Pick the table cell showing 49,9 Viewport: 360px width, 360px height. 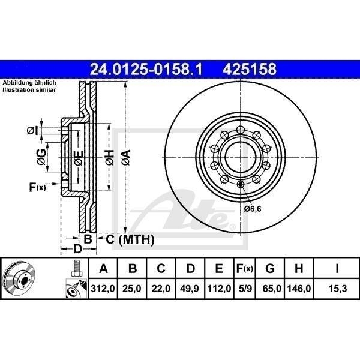[191, 289]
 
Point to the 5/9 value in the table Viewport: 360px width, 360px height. [244, 289]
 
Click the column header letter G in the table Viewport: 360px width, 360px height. [270, 268]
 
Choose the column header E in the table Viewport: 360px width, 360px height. [219, 268]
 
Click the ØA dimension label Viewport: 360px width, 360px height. [125, 158]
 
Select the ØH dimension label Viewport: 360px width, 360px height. [109, 158]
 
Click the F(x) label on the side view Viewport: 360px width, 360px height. [37, 188]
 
